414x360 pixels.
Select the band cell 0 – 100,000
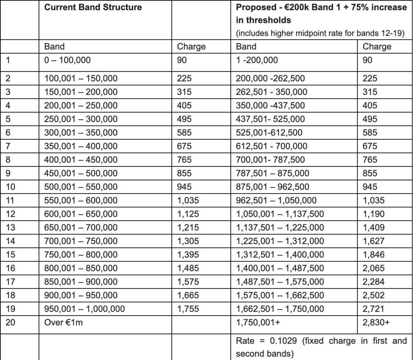[68, 60]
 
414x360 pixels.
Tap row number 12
[11, 214]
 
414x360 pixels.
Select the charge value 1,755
[188, 309]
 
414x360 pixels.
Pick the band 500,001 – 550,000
[81, 187]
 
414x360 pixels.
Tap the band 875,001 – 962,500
[273, 187]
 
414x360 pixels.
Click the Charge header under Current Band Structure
[191, 46]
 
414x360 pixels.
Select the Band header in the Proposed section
[247, 46]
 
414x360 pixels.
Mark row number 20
[11, 322]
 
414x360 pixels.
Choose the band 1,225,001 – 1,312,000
[280, 241]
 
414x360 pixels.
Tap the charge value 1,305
[188, 241]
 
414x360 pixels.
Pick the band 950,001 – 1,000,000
[85, 309]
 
